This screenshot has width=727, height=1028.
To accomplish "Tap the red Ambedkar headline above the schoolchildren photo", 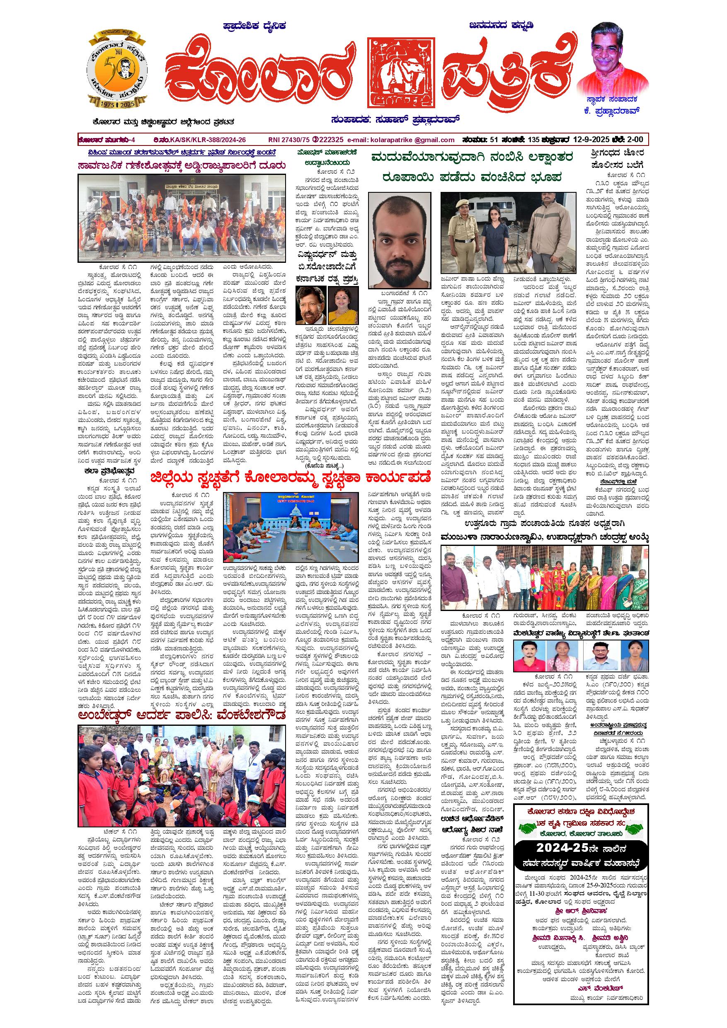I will tap(182, 715).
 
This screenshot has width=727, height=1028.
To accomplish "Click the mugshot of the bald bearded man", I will tap(399, 240).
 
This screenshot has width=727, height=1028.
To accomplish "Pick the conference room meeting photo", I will tap(291, 527).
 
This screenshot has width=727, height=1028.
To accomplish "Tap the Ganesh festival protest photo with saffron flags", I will tap(182, 218).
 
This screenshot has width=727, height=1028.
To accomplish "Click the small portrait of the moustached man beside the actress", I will tap(311, 305).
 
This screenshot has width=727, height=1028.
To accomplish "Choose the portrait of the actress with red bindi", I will tap(343, 305).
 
